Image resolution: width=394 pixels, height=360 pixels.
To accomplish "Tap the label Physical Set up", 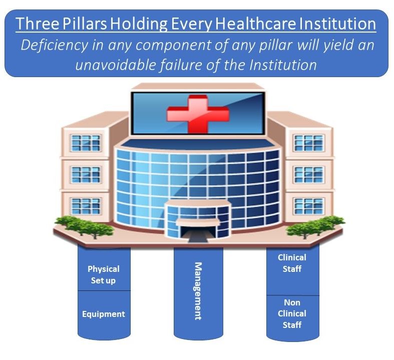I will tap(103, 274).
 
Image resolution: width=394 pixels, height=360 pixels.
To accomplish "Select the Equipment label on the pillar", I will tap(103, 314).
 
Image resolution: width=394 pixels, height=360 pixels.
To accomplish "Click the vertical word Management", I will tap(198, 290).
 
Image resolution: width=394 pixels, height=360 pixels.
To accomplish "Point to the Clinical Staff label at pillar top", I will tap(292, 263).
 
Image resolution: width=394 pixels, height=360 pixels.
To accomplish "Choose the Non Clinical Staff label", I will tap(292, 313).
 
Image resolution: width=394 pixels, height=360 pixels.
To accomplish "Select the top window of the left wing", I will tap(86, 143).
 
